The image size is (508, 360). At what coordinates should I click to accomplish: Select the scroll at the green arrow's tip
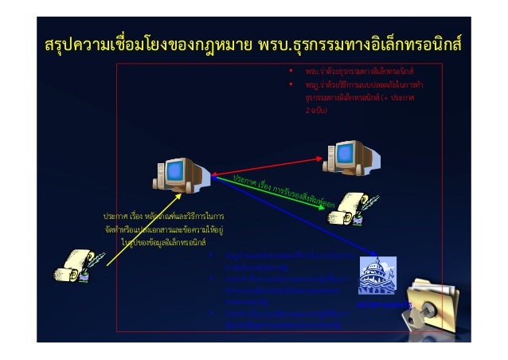pos(348,209)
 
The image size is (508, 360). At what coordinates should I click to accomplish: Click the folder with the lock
pos(436,306)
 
